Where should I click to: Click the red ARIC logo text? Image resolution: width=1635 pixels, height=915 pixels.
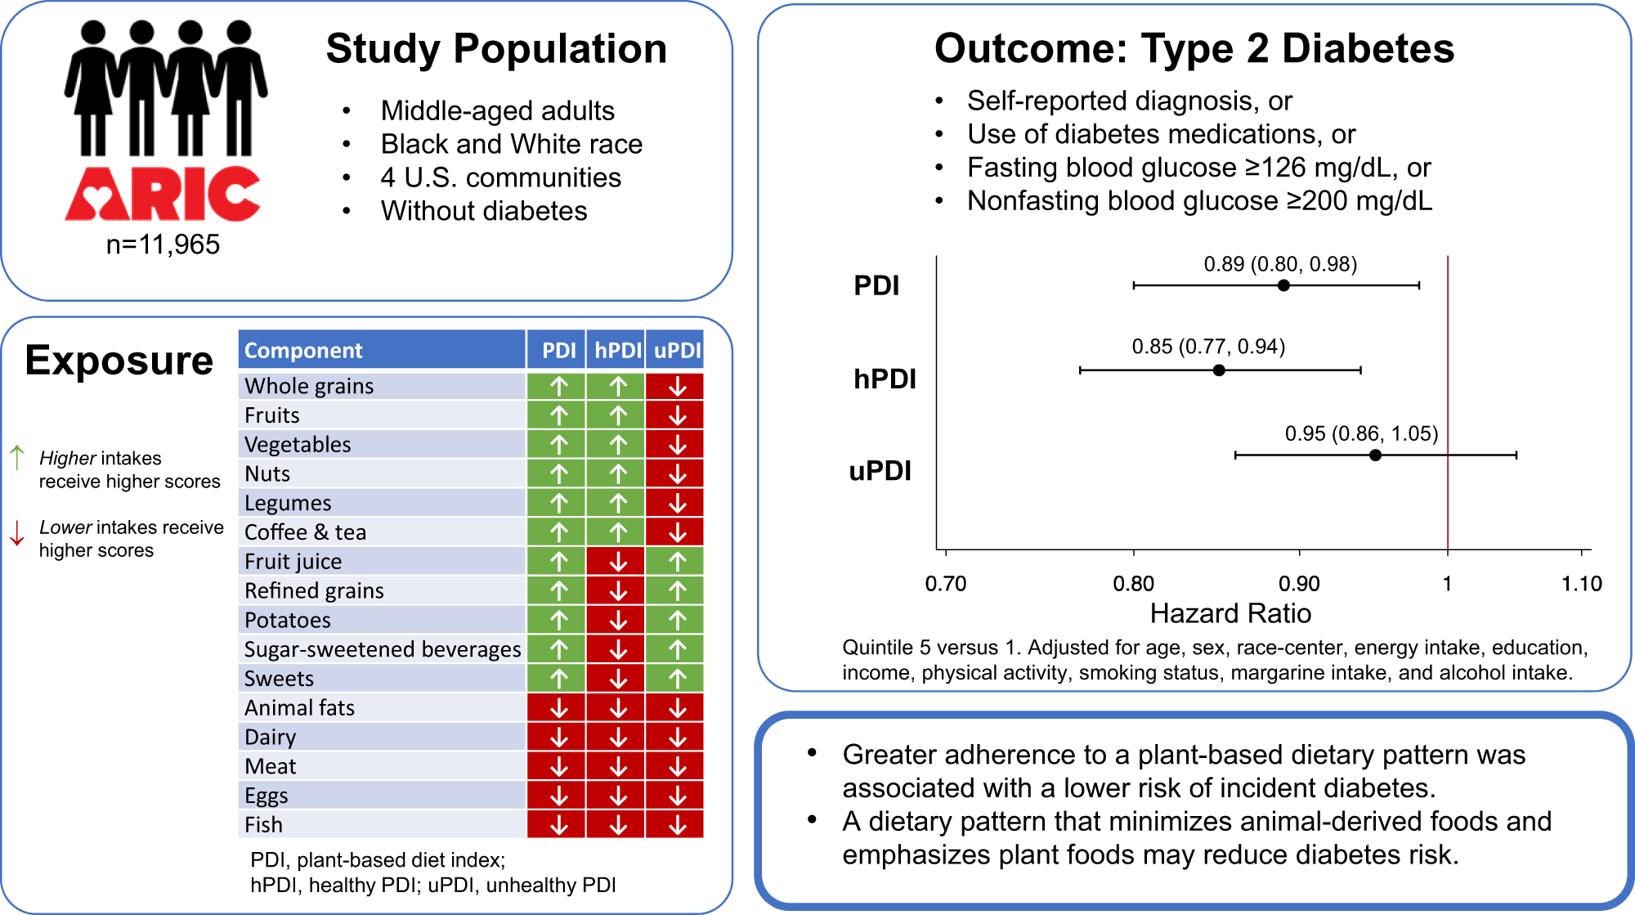tap(163, 193)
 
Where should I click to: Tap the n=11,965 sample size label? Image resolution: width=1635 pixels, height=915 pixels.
tap(163, 244)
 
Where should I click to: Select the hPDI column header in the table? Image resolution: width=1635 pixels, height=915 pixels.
tap(617, 350)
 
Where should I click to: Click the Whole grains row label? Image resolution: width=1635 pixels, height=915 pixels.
tap(309, 386)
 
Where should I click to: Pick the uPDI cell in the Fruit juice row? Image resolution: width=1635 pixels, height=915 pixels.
tap(677, 561)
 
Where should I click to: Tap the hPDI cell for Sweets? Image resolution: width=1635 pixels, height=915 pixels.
tap(617, 679)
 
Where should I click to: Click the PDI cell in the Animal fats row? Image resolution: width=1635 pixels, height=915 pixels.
tap(558, 708)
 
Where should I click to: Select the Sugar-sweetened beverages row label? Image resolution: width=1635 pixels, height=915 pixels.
tap(383, 649)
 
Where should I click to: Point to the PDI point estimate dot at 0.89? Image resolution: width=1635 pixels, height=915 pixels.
tap(1283, 285)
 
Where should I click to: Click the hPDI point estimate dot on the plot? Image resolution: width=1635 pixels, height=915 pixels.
tap(1219, 370)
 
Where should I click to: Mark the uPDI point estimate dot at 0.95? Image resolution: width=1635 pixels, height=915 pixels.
tap(1375, 455)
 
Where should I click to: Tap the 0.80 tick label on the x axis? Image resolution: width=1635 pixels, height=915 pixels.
tap(1133, 584)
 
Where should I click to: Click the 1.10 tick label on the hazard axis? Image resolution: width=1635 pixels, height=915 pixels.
tap(1581, 584)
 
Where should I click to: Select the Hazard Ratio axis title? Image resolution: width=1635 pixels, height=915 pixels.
tap(1230, 613)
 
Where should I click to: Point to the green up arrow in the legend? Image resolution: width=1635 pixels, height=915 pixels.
tap(17, 457)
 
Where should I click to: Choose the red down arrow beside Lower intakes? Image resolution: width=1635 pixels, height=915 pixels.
tap(17, 532)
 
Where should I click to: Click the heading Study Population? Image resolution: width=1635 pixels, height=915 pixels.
tap(497, 49)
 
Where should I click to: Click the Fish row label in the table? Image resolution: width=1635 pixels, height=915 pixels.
tap(263, 825)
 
